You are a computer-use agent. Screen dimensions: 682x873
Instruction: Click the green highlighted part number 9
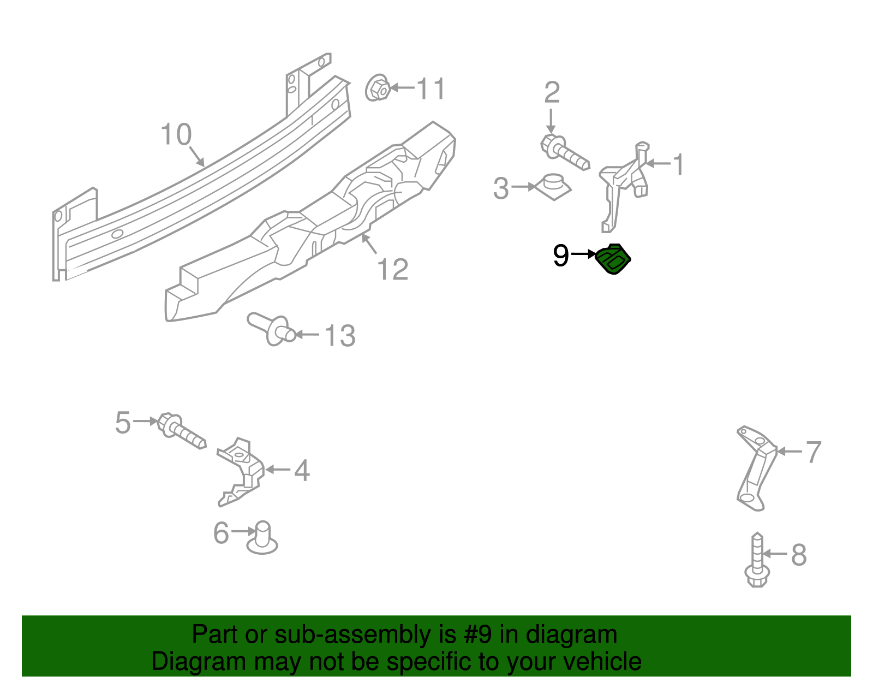[613, 259]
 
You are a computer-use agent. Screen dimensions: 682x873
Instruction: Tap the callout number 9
[560, 255]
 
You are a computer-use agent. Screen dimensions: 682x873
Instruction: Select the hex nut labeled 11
[376, 87]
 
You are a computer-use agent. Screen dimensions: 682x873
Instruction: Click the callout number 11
[431, 88]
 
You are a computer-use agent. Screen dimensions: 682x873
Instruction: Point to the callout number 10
[176, 134]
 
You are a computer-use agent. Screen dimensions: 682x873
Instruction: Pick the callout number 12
[392, 269]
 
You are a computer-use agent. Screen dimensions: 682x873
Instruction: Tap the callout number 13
[339, 335]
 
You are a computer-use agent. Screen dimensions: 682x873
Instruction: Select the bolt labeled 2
[565, 151]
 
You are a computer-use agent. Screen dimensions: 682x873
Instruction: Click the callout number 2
[552, 93]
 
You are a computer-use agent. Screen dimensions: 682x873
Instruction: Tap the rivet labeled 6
[262, 537]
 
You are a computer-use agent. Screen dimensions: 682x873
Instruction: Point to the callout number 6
[221, 533]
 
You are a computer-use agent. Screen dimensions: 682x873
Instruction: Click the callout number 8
[798, 555]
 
